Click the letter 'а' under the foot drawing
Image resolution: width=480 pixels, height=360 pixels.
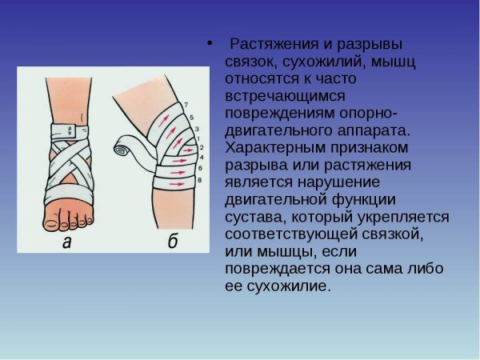[x=66, y=243]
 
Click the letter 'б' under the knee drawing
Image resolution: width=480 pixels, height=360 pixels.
[x=172, y=242]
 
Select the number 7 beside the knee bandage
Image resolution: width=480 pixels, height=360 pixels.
[x=186, y=105]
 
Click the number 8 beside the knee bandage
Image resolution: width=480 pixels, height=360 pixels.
[x=201, y=180]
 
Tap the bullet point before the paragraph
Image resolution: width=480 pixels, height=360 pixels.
[x=210, y=43]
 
